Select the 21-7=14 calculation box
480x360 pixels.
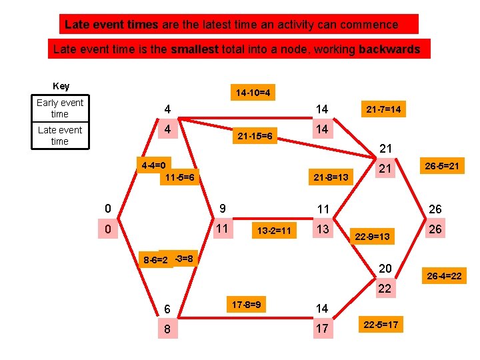(x=383, y=109)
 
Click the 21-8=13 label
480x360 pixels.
(x=330, y=178)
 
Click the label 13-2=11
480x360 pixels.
(x=273, y=231)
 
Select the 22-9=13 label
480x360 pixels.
(x=371, y=237)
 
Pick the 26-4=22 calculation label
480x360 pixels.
(x=443, y=275)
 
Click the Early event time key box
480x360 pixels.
(x=60, y=108)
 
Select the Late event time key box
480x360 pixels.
(x=60, y=135)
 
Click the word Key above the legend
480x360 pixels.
(x=61, y=87)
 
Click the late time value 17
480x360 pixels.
(x=322, y=329)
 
